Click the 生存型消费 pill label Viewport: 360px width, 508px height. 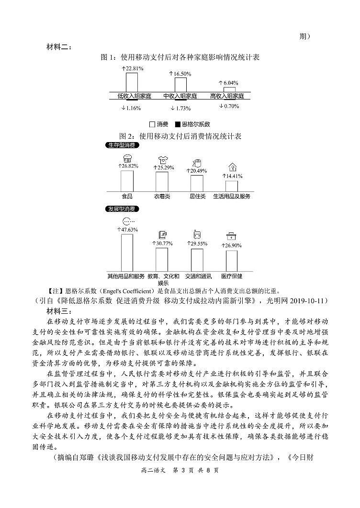[x=121, y=145]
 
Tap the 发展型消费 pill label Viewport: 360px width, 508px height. [x=121, y=209]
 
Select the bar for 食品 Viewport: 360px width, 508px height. [x=127, y=181]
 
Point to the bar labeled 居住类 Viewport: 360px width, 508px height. [x=197, y=183]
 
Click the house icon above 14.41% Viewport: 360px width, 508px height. [x=232, y=167]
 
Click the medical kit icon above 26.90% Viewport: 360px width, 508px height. [x=232, y=236]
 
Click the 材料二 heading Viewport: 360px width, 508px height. [x=59, y=47]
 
